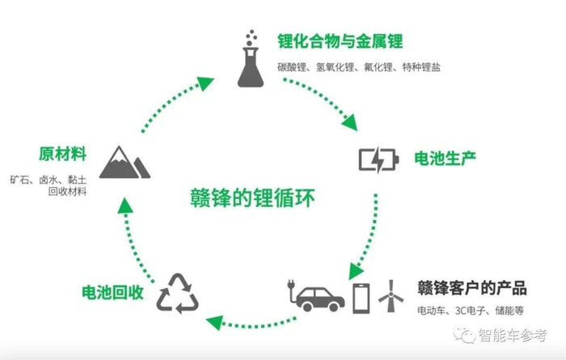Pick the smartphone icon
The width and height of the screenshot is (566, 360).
pos(361,296)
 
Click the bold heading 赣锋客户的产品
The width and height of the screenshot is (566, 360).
pos(471,287)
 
